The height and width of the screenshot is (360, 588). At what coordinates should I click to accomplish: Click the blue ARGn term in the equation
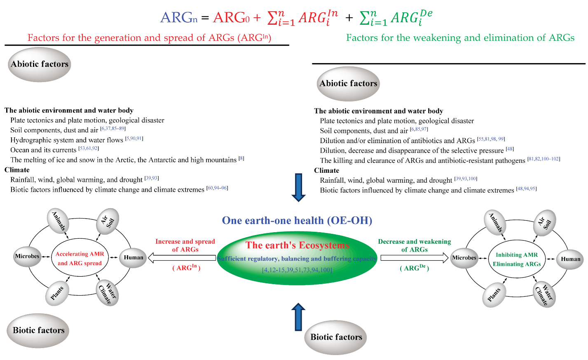pyautogui.click(x=178, y=18)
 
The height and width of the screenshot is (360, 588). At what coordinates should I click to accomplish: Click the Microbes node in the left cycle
pyautogui.click(x=27, y=256)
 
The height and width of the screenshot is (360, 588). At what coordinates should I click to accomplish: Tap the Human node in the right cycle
pyautogui.click(x=570, y=259)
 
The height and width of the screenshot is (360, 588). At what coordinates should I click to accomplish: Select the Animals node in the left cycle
pyautogui.click(x=58, y=221)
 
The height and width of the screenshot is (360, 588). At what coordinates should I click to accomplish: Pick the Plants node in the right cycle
pyautogui.click(x=494, y=295)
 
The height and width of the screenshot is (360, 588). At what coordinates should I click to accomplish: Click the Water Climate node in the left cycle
pyautogui.click(x=108, y=293)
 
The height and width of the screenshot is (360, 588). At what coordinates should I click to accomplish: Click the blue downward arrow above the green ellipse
pyautogui.click(x=298, y=187)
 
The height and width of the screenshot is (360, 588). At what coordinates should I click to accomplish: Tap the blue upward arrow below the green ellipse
pyautogui.click(x=298, y=317)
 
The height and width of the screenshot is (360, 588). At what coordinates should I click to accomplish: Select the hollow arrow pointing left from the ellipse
pyautogui.click(x=181, y=258)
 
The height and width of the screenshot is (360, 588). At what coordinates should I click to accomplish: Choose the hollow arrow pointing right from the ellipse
pyautogui.click(x=414, y=258)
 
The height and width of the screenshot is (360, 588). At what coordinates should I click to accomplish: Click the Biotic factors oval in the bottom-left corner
pyautogui.click(x=38, y=330)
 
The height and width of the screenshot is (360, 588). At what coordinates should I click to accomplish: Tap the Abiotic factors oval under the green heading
pyautogui.click(x=348, y=84)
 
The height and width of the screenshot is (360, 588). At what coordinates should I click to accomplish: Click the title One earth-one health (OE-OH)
pyautogui.click(x=297, y=221)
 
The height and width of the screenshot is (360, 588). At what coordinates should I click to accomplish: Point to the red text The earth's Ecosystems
pyautogui.click(x=297, y=245)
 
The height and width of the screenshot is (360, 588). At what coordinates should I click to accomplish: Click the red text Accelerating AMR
pyautogui.click(x=80, y=254)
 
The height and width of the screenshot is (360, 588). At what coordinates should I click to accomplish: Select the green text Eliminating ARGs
pyautogui.click(x=517, y=264)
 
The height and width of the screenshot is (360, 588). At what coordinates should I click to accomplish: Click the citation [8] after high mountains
pyautogui.click(x=241, y=158)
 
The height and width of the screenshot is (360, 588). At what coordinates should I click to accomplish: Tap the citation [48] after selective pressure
pyautogui.click(x=510, y=149)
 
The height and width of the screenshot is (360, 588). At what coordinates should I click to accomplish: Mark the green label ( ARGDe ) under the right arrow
pyautogui.click(x=414, y=268)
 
